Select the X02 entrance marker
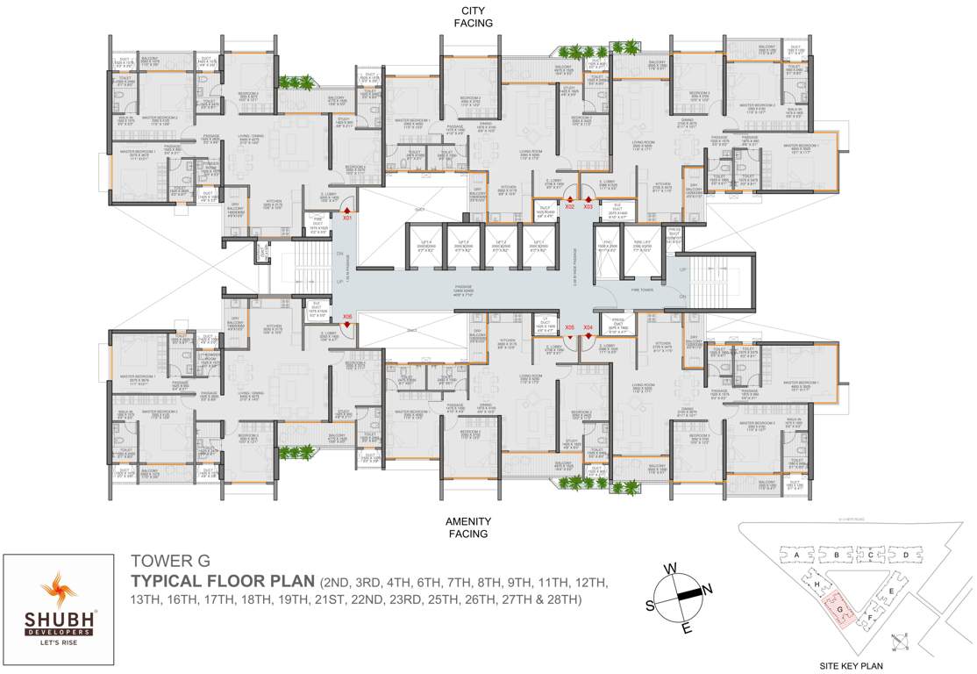[569, 205]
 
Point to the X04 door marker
[588, 327]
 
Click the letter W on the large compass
[670, 568]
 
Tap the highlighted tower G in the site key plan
[839, 607]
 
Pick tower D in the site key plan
[904, 555]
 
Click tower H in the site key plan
[817, 584]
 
